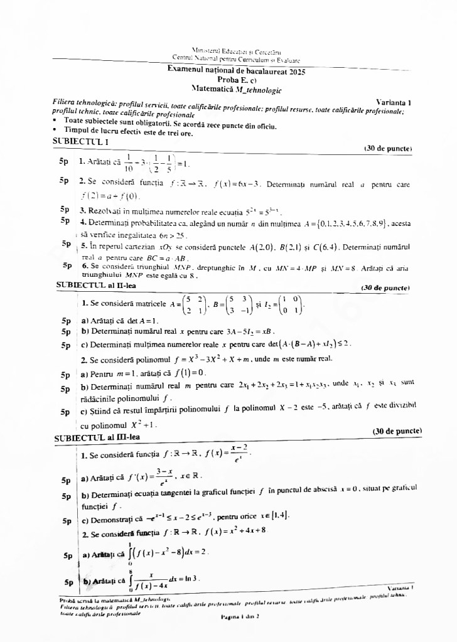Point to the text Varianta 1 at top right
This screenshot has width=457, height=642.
click(x=394, y=102)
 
